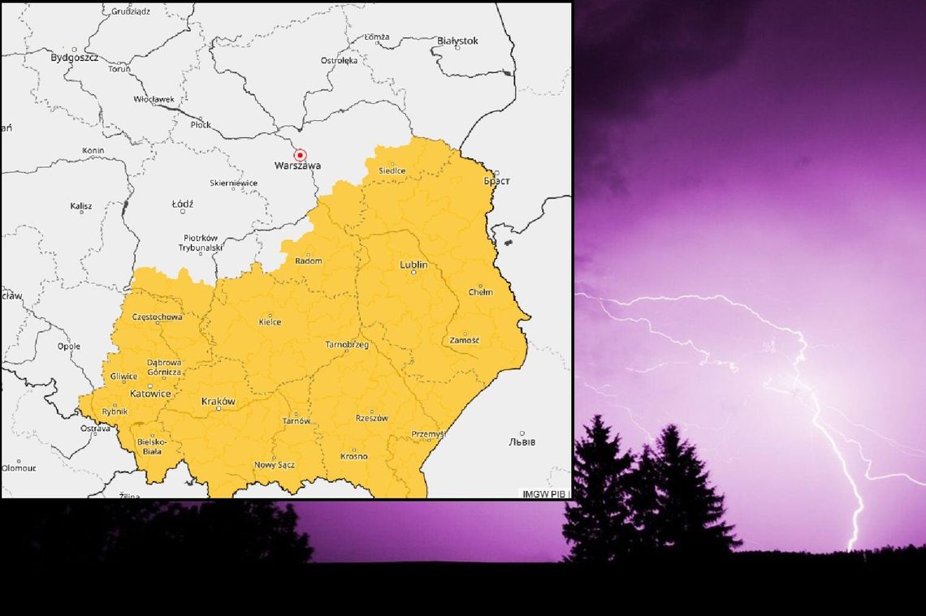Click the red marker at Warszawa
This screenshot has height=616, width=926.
[300, 155]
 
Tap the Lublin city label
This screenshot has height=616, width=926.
[413, 265]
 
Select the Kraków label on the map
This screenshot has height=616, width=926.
[218, 402]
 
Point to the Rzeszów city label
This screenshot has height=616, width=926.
[371, 419]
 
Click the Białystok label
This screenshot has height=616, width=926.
[457, 41]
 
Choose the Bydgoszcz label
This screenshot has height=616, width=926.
[74, 58]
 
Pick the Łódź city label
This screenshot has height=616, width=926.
[182, 205]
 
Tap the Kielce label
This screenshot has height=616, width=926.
[270, 322]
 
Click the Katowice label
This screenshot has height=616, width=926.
[150, 394]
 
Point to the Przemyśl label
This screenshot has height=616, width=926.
[428, 434]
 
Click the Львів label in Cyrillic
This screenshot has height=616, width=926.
[521, 442]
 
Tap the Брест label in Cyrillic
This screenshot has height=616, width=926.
[496, 181]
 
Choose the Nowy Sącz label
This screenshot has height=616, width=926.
[275, 465]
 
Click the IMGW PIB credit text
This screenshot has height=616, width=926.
[544, 493]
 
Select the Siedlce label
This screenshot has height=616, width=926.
[392, 171]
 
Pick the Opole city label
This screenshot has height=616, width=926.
[69, 347]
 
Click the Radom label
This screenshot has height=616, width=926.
[309, 261]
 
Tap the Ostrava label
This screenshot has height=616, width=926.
[95, 429]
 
